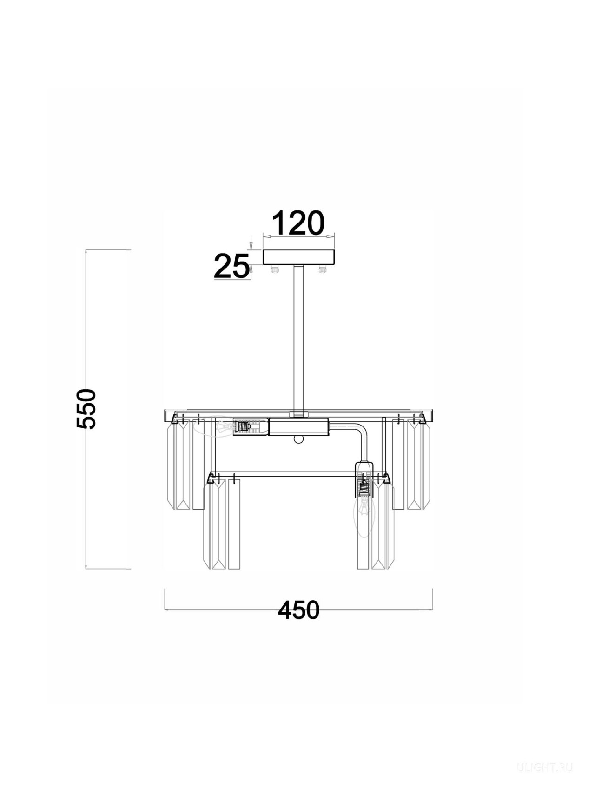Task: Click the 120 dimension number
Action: (298, 223)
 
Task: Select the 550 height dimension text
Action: (86, 409)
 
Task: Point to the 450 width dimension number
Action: (299, 610)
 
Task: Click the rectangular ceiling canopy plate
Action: (299, 257)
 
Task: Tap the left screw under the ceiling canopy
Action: (275, 269)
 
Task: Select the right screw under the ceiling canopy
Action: (323, 269)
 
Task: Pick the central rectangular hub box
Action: (299, 427)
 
